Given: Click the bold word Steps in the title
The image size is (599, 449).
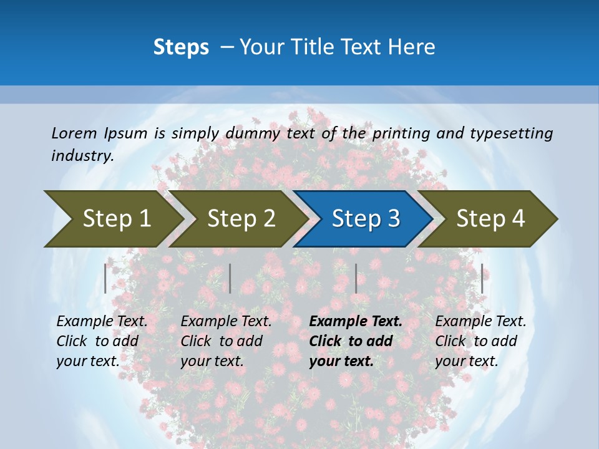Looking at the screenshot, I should click(181, 47).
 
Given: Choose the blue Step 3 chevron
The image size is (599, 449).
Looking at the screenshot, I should click(366, 218).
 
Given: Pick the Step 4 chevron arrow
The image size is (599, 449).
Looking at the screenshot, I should click(490, 218).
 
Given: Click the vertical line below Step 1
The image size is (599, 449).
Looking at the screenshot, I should click(105, 278).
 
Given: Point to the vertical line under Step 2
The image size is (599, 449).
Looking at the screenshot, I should click(230, 278).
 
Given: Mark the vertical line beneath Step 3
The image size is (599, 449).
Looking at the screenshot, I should click(356, 278).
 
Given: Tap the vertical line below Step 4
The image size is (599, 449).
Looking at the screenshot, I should click(482, 278).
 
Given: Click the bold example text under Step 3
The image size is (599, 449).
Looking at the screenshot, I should click(356, 341).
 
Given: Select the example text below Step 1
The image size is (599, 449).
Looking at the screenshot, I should click(102, 341).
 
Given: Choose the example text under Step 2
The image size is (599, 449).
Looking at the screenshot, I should click(226, 341).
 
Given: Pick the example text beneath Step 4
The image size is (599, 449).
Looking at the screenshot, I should click(480, 341).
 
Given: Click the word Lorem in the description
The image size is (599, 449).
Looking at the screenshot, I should click(74, 133).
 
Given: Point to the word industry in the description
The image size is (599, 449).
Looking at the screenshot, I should click(82, 156).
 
